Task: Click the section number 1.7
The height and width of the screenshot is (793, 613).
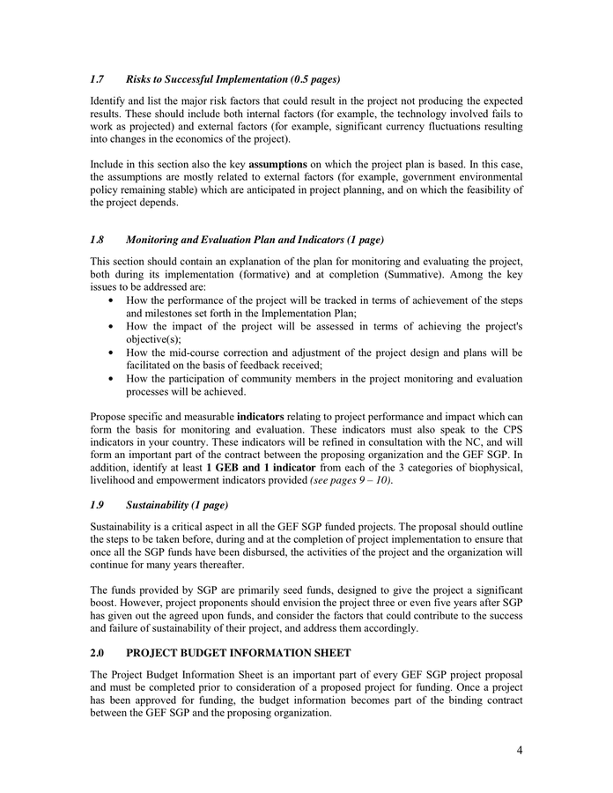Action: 98,79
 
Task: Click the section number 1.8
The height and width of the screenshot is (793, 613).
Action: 98,240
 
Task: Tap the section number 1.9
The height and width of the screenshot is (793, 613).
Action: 98,505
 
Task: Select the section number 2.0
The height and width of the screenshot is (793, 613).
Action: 98,653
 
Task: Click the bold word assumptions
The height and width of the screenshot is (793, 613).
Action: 277,164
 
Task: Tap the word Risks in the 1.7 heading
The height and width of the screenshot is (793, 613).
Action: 140,79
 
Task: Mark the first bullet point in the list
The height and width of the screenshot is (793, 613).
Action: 109,300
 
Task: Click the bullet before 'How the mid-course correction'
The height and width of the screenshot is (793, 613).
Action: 109,353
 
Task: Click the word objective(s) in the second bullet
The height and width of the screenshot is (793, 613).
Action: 155,339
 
